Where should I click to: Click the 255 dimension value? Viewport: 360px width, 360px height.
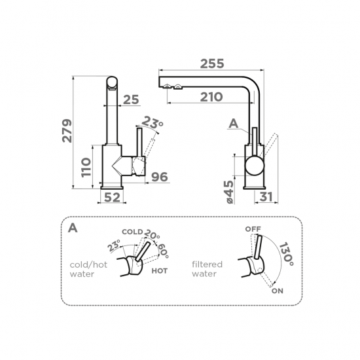211,63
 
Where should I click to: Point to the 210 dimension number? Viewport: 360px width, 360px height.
211,97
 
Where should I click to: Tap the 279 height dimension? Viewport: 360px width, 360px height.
67,131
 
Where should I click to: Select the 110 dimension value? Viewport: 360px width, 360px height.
86,167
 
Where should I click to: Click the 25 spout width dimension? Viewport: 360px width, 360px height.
131,99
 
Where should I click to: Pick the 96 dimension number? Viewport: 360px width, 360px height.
160,177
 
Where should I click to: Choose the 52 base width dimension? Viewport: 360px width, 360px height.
112,197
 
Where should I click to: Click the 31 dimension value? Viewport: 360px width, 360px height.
266,197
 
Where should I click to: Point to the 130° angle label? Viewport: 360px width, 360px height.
286,254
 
